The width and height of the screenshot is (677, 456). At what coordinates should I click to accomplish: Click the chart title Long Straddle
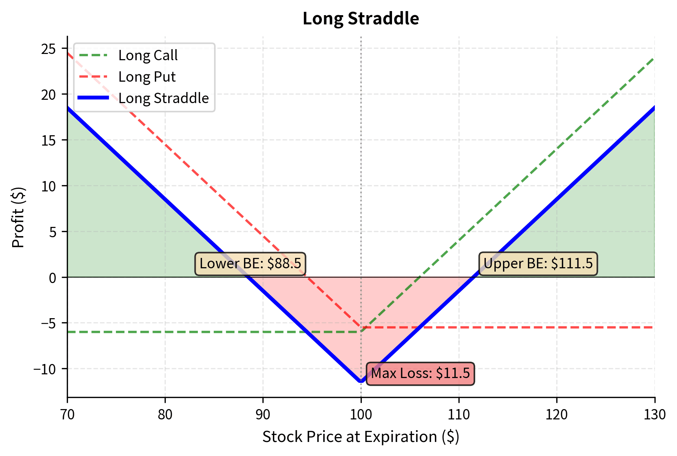[361, 18]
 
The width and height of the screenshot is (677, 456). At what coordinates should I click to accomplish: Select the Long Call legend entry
[148, 55]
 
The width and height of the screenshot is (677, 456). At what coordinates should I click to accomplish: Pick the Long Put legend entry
[147, 77]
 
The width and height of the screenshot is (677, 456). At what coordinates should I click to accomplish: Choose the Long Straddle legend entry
[163, 98]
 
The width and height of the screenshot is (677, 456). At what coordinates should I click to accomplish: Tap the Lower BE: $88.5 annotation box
[250, 264]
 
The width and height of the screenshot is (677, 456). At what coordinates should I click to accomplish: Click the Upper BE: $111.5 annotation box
[538, 264]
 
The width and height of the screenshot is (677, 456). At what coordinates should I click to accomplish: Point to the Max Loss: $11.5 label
[420, 374]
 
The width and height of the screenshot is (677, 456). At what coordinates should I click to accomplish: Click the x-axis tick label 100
[361, 415]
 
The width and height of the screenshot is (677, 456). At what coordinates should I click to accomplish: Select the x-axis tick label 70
[67, 415]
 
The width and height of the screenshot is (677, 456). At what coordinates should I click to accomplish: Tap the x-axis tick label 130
[654, 415]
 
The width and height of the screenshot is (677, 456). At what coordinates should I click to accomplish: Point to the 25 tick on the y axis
[48, 49]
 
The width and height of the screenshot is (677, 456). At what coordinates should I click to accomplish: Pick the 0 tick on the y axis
[52, 278]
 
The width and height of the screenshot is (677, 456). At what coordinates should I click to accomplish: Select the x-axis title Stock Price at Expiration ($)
[361, 437]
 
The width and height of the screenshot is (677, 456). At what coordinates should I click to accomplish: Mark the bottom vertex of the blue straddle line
[361, 382]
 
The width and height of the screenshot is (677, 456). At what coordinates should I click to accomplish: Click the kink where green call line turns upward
[361, 331]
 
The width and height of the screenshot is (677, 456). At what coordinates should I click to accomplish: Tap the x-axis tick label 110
[458, 415]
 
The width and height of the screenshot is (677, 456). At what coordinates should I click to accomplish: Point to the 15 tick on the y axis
[48, 140]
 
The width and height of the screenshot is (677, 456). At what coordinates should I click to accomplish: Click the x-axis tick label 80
[165, 415]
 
